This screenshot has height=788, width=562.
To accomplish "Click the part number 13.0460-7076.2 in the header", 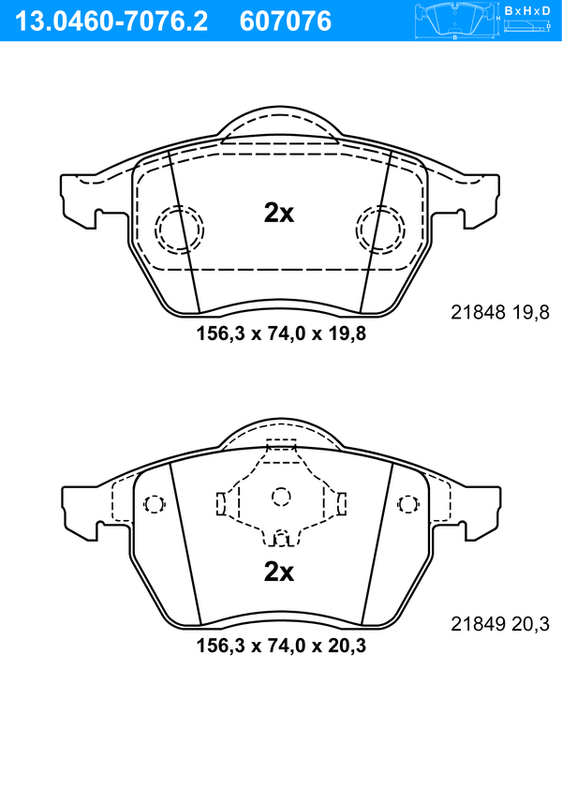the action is pos(111,22).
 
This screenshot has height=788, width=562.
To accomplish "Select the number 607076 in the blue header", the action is pos(286,22).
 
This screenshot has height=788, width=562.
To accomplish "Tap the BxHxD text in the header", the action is pos(527,10).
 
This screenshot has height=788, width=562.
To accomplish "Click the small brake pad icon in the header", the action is pos(454,21).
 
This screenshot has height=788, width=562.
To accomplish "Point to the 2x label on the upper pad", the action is pos(279,213).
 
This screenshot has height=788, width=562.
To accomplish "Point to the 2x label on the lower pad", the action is pos(279,572).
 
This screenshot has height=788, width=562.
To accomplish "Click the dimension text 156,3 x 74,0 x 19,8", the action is pos(281,334).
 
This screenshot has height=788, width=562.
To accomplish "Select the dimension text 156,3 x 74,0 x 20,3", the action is pos(281,646).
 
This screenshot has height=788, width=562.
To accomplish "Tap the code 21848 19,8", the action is pos(500,313).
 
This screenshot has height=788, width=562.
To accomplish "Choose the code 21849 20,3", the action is pos(500,624).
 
